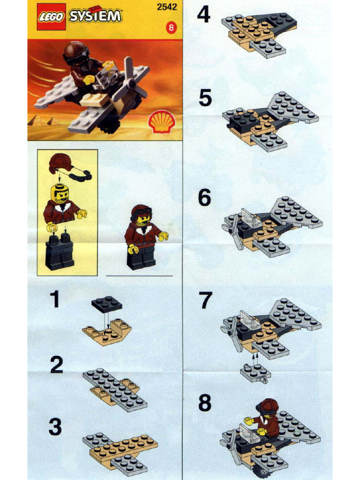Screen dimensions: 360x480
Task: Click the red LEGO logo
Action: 52,16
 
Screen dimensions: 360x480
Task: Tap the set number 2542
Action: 167,7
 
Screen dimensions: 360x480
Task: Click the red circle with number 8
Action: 171,28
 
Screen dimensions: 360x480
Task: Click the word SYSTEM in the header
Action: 95,15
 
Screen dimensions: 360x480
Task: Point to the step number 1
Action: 55,299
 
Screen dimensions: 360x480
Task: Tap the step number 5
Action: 205,98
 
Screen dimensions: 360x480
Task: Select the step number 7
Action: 205,300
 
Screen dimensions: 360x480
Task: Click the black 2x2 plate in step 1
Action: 106,304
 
